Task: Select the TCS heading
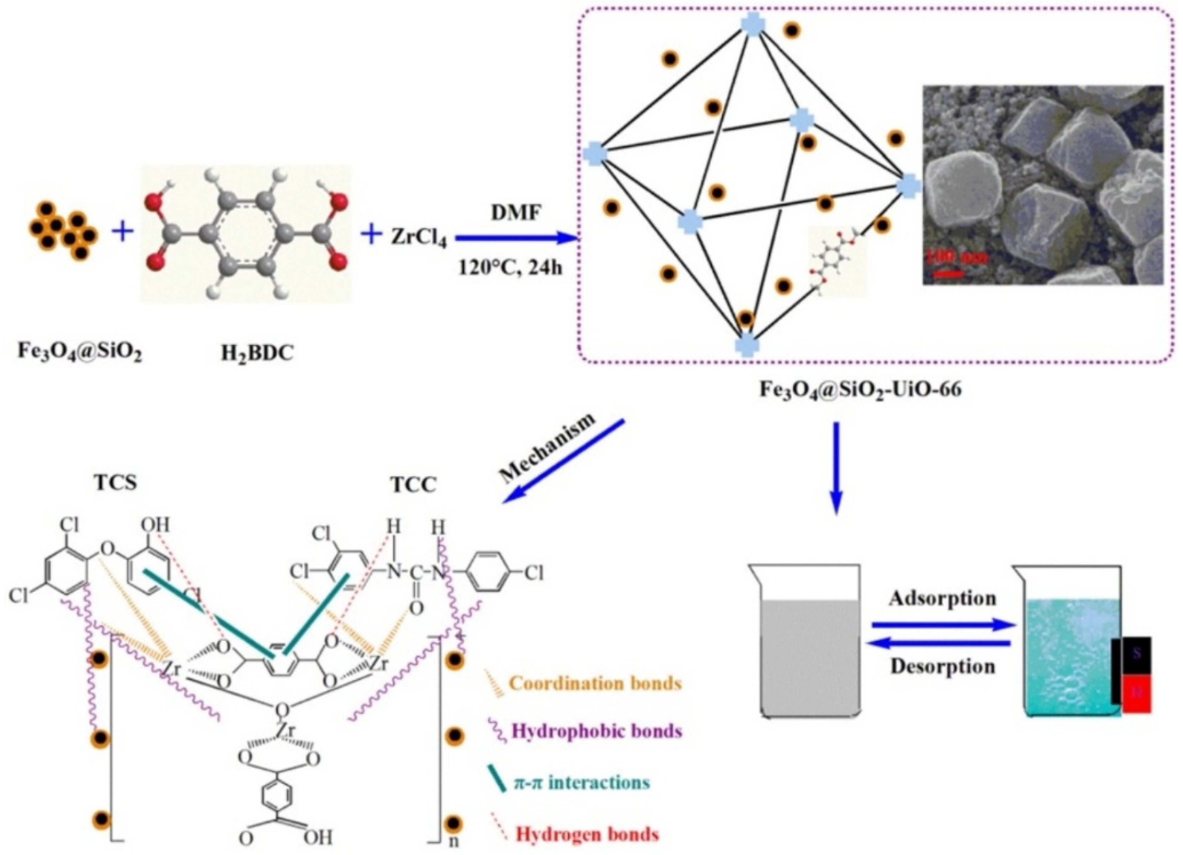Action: coord(116,483)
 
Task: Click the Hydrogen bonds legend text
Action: coord(587,834)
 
